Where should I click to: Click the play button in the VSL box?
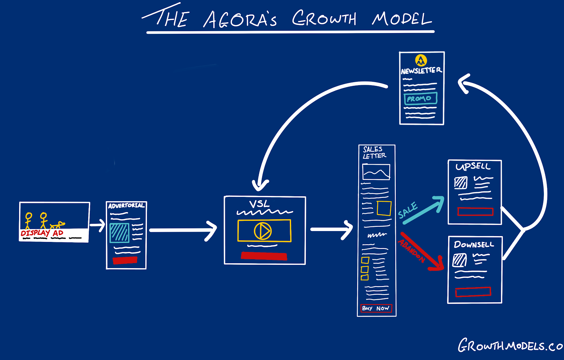tap(263, 231)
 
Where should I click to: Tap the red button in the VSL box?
tap(264, 256)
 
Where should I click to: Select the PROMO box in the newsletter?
tap(420, 99)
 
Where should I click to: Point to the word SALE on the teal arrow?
tap(407, 211)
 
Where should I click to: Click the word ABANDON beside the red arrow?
tap(411, 251)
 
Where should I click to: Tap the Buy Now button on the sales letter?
tap(376, 308)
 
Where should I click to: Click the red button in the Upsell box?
tap(475, 211)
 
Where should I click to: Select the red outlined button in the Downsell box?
tap(473, 292)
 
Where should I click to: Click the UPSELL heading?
tap(473, 166)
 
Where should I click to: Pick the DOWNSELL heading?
tap(474, 244)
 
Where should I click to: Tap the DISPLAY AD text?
tap(42, 233)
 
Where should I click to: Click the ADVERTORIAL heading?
tap(126, 205)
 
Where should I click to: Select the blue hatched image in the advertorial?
tap(119, 233)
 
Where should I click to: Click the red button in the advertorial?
tap(125, 260)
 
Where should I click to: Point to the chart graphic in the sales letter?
tap(376, 172)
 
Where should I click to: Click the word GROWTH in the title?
tap(324, 18)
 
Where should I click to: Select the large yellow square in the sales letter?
tap(384, 208)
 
